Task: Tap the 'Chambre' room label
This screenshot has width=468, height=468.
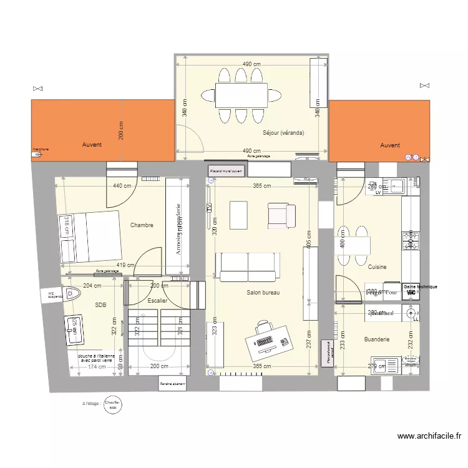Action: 142,225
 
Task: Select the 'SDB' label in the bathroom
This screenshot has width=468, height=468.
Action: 100,305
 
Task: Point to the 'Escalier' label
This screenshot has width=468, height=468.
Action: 158,301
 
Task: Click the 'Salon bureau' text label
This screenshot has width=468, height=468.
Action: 263,292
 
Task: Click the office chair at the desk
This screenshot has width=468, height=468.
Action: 263,326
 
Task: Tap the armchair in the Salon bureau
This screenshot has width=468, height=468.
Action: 281,215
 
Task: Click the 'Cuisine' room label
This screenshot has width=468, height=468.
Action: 377,267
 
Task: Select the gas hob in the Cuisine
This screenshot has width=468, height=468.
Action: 411,241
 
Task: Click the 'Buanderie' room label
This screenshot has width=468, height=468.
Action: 376,339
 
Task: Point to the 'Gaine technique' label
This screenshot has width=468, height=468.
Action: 420,286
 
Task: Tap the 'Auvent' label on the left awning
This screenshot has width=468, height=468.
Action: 92,145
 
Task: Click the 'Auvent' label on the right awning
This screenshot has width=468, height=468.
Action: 390,145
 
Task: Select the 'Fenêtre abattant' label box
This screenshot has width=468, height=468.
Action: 174,384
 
